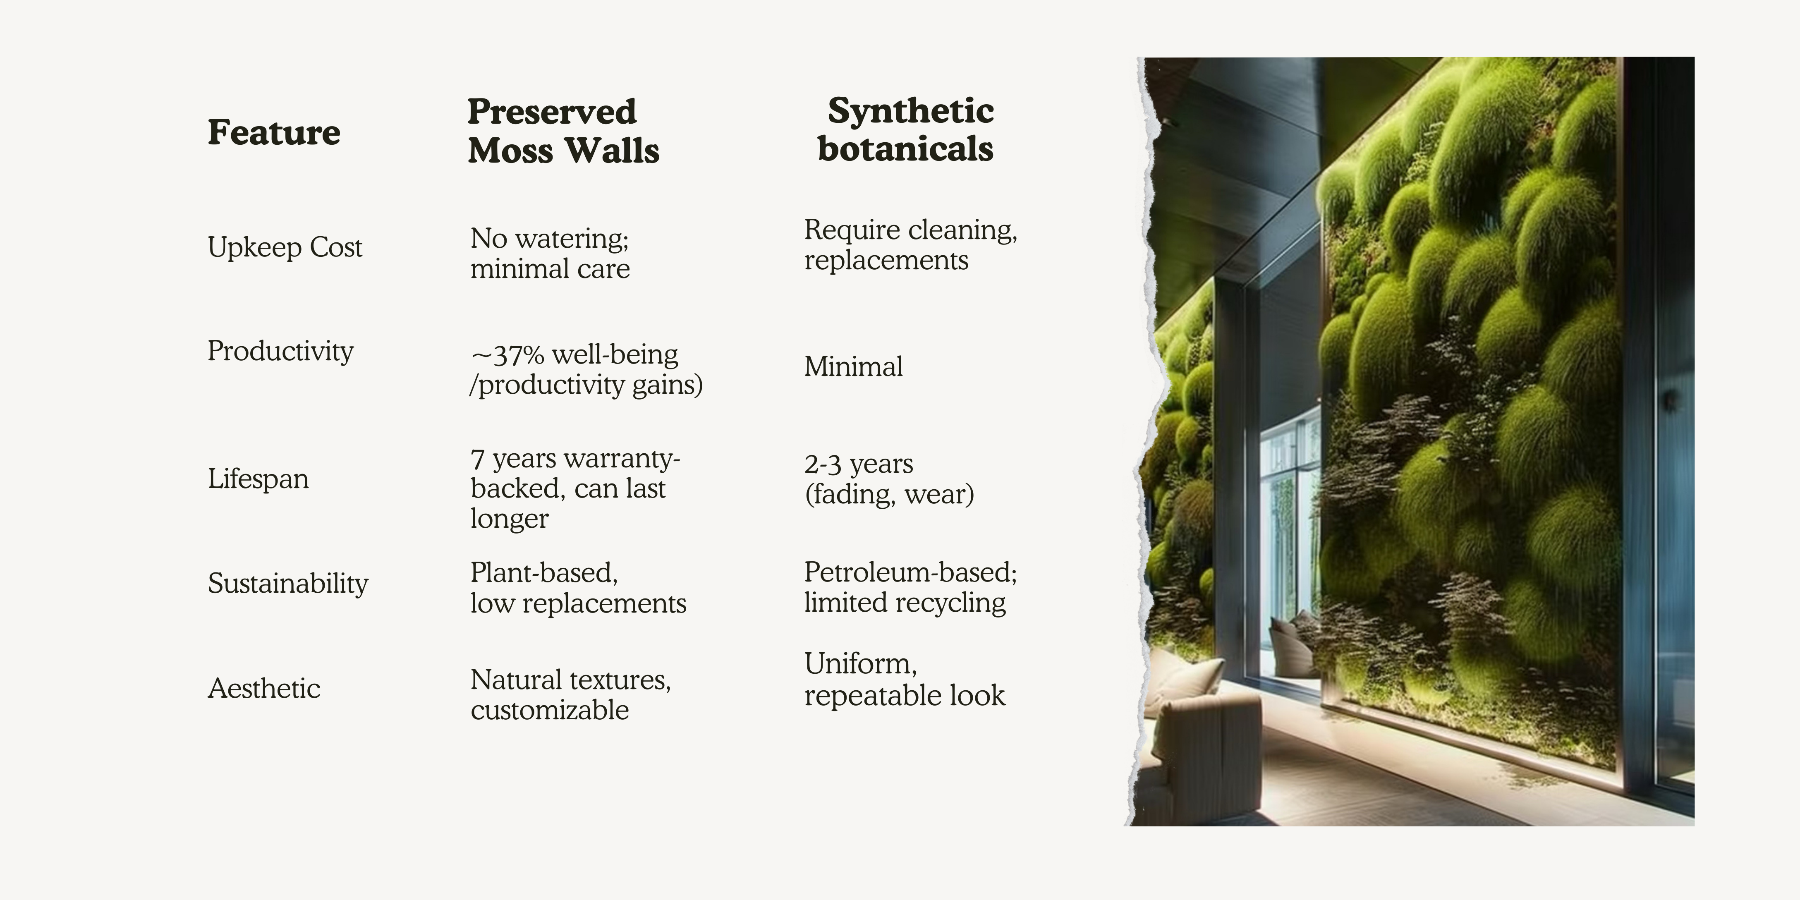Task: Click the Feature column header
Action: coord(274,132)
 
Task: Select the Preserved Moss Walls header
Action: coord(563,132)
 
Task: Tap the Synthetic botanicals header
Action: coord(906,130)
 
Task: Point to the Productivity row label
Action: coord(280,351)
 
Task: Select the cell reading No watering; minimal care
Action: coord(550,253)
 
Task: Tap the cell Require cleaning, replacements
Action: coord(910,244)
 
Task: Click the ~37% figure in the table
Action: coord(508,355)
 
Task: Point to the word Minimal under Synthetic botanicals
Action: coord(853,366)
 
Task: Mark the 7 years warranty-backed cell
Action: coord(575,488)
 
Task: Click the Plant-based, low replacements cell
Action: coord(578,588)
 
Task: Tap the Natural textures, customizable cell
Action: coord(570,694)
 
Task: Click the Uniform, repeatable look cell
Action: coord(904,679)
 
